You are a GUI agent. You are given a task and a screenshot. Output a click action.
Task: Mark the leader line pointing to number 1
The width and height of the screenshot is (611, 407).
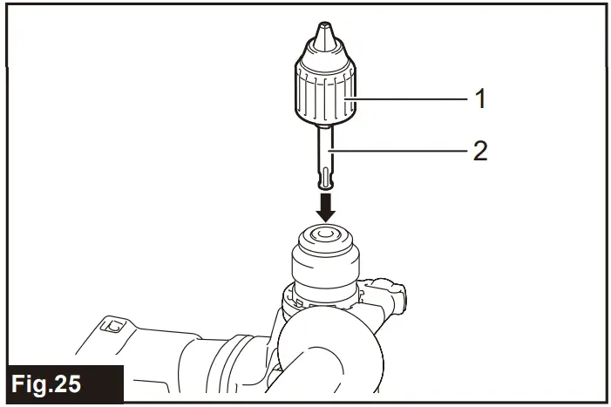[410, 99]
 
